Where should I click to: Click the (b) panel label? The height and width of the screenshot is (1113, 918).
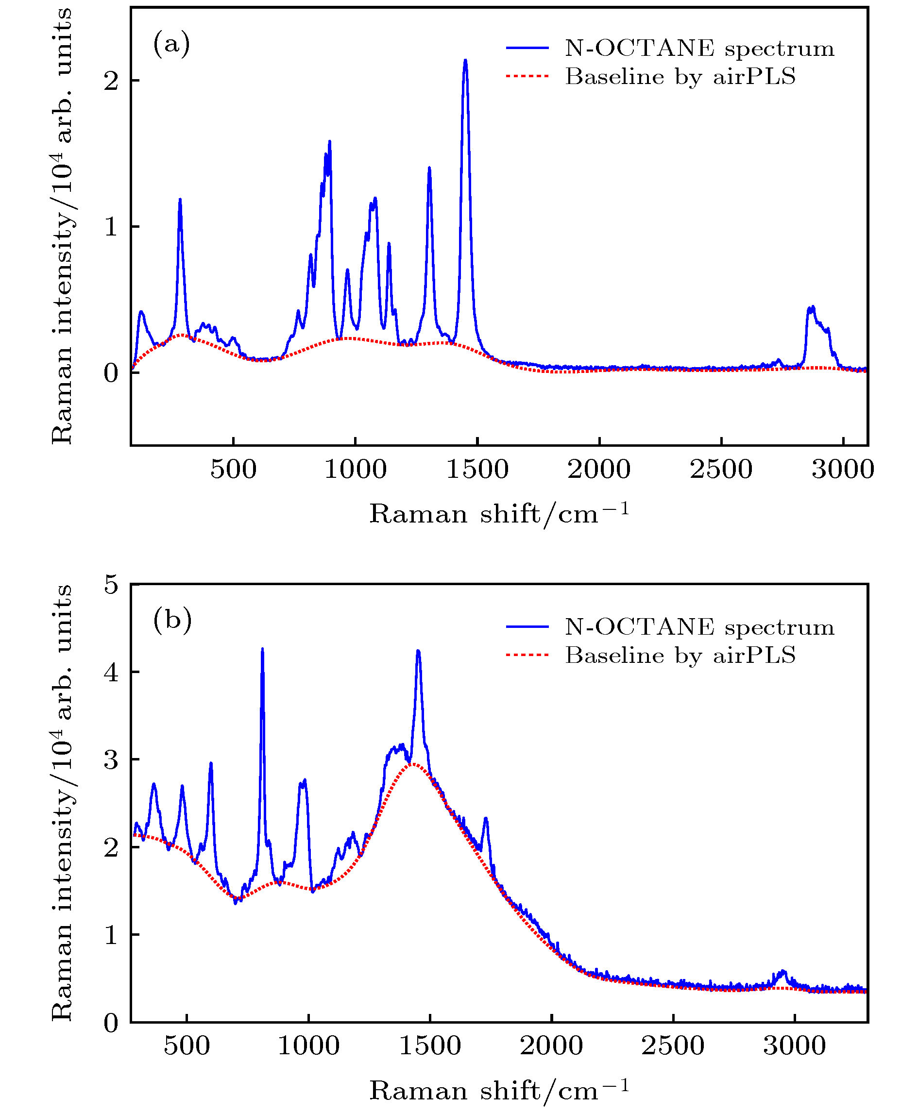pyautogui.click(x=172, y=619)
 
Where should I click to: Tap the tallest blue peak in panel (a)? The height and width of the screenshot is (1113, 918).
pyautogui.click(x=465, y=61)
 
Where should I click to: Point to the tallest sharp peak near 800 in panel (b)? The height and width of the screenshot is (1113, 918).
pyautogui.click(x=262, y=650)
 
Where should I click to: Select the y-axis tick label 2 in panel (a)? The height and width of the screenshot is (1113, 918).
pyautogui.click(x=111, y=81)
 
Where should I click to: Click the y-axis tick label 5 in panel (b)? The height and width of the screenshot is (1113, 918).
pyautogui.click(x=111, y=585)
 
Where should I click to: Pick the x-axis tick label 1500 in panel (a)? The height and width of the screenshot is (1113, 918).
pyautogui.click(x=477, y=470)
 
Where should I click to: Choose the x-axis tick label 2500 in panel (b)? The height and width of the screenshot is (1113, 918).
pyautogui.click(x=673, y=1046)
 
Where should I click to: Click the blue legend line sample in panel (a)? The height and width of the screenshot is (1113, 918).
pyautogui.click(x=527, y=48)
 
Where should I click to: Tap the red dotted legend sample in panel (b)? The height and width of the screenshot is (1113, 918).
pyautogui.click(x=527, y=655)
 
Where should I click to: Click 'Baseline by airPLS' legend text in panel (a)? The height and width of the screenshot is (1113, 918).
pyautogui.click(x=680, y=77)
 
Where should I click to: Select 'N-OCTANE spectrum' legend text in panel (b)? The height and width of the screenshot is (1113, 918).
pyautogui.click(x=699, y=627)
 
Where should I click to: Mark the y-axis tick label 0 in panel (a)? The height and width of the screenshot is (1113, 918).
pyautogui.click(x=111, y=373)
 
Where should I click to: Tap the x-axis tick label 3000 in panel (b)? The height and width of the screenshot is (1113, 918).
pyautogui.click(x=794, y=1046)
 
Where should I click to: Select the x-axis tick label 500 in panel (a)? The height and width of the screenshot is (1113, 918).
pyautogui.click(x=233, y=470)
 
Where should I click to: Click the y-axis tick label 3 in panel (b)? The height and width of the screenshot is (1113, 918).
pyautogui.click(x=111, y=760)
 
